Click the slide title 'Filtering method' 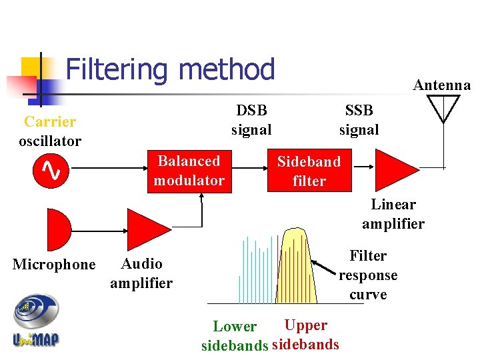pyautogui.click(x=170, y=69)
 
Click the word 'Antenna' pyautogui.click(x=442, y=85)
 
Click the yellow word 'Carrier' pyautogui.click(x=50, y=121)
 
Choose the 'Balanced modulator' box pyautogui.click(x=189, y=171)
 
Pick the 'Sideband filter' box pyautogui.click(x=309, y=171)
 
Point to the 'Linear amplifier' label pyautogui.click(x=393, y=214)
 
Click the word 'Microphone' pyautogui.click(x=54, y=265)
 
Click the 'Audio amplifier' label pyautogui.click(x=141, y=273)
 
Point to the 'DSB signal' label pyautogui.click(x=251, y=120)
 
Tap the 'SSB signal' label pyautogui.click(x=359, y=120)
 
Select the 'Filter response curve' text pyautogui.click(x=368, y=275)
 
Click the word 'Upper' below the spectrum pyautogui.click(x=305, y=325)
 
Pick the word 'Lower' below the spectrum pyautogui.click(x=234, y=327)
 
